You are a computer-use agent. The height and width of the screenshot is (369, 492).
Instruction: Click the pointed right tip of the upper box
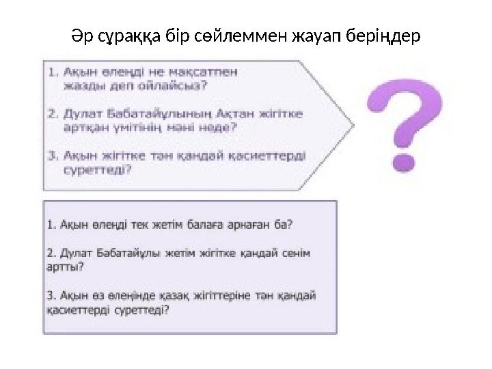(x=354, y=124)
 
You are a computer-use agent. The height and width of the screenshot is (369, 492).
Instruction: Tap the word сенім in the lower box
(x=296, y=254)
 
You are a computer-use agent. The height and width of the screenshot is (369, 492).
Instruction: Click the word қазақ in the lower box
(x=159, y=296)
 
